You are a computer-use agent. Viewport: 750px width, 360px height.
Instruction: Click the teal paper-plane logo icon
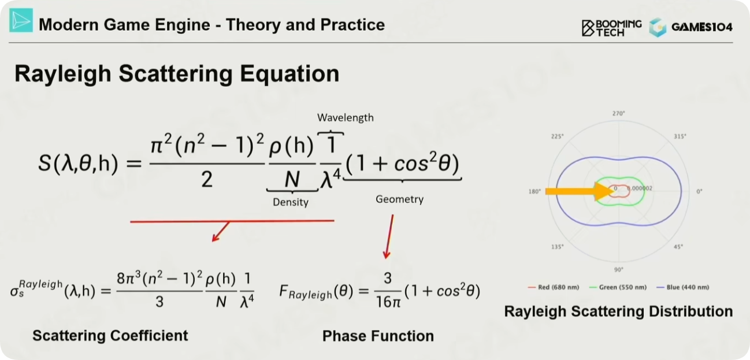pyautogui.click(x=21, y=20)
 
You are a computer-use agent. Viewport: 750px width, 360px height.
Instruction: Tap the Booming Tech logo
pyautogui.click(x=611, y=28)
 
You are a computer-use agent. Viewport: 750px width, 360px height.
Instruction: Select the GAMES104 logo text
pyautogui.click(x=702, y=27)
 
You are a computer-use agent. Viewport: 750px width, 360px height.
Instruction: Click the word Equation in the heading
pyautogui.click(x=289, y=74)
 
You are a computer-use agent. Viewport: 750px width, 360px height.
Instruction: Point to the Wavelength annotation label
pyautogui.click(x=345, y=117)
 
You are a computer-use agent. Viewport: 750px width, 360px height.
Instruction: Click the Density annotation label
pyautogui.click(x=291, y=202)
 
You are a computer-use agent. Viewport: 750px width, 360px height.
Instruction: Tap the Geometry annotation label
pyautogui.click(x=399, y=199)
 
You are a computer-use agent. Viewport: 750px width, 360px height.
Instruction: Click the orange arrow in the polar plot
pyautogui.click(x=579, y=191)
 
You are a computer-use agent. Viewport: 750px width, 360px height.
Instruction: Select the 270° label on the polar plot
pyautogui.click(x=619, y=113)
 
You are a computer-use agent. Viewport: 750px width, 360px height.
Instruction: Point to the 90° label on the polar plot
pyautogui.click(x=619, y=270)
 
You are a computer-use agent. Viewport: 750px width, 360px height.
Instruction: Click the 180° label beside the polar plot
pyautogui.click(x=534, y=191)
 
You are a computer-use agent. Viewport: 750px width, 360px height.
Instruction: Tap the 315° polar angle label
pyautogui.click(x=680, y=136)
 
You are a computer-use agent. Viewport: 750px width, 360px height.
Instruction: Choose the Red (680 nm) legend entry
pyautogui.click(x=554, y=287)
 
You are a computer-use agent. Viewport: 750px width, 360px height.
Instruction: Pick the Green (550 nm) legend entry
pyautogui.click(x=618, y=287)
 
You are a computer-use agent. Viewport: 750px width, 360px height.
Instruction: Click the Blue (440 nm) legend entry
pyautogui.click(x=683, y=287)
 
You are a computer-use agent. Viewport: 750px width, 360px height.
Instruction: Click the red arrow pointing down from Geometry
pyautogui.click(x=389, y=237)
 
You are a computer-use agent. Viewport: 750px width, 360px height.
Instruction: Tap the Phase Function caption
pyautogui.click(x=378, y=336)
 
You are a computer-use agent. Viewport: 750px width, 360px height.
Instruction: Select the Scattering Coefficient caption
pyautogui.click(x=110, y=336)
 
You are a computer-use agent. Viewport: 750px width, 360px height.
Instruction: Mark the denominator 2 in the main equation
pyautogui.click(x=207, y=179)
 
